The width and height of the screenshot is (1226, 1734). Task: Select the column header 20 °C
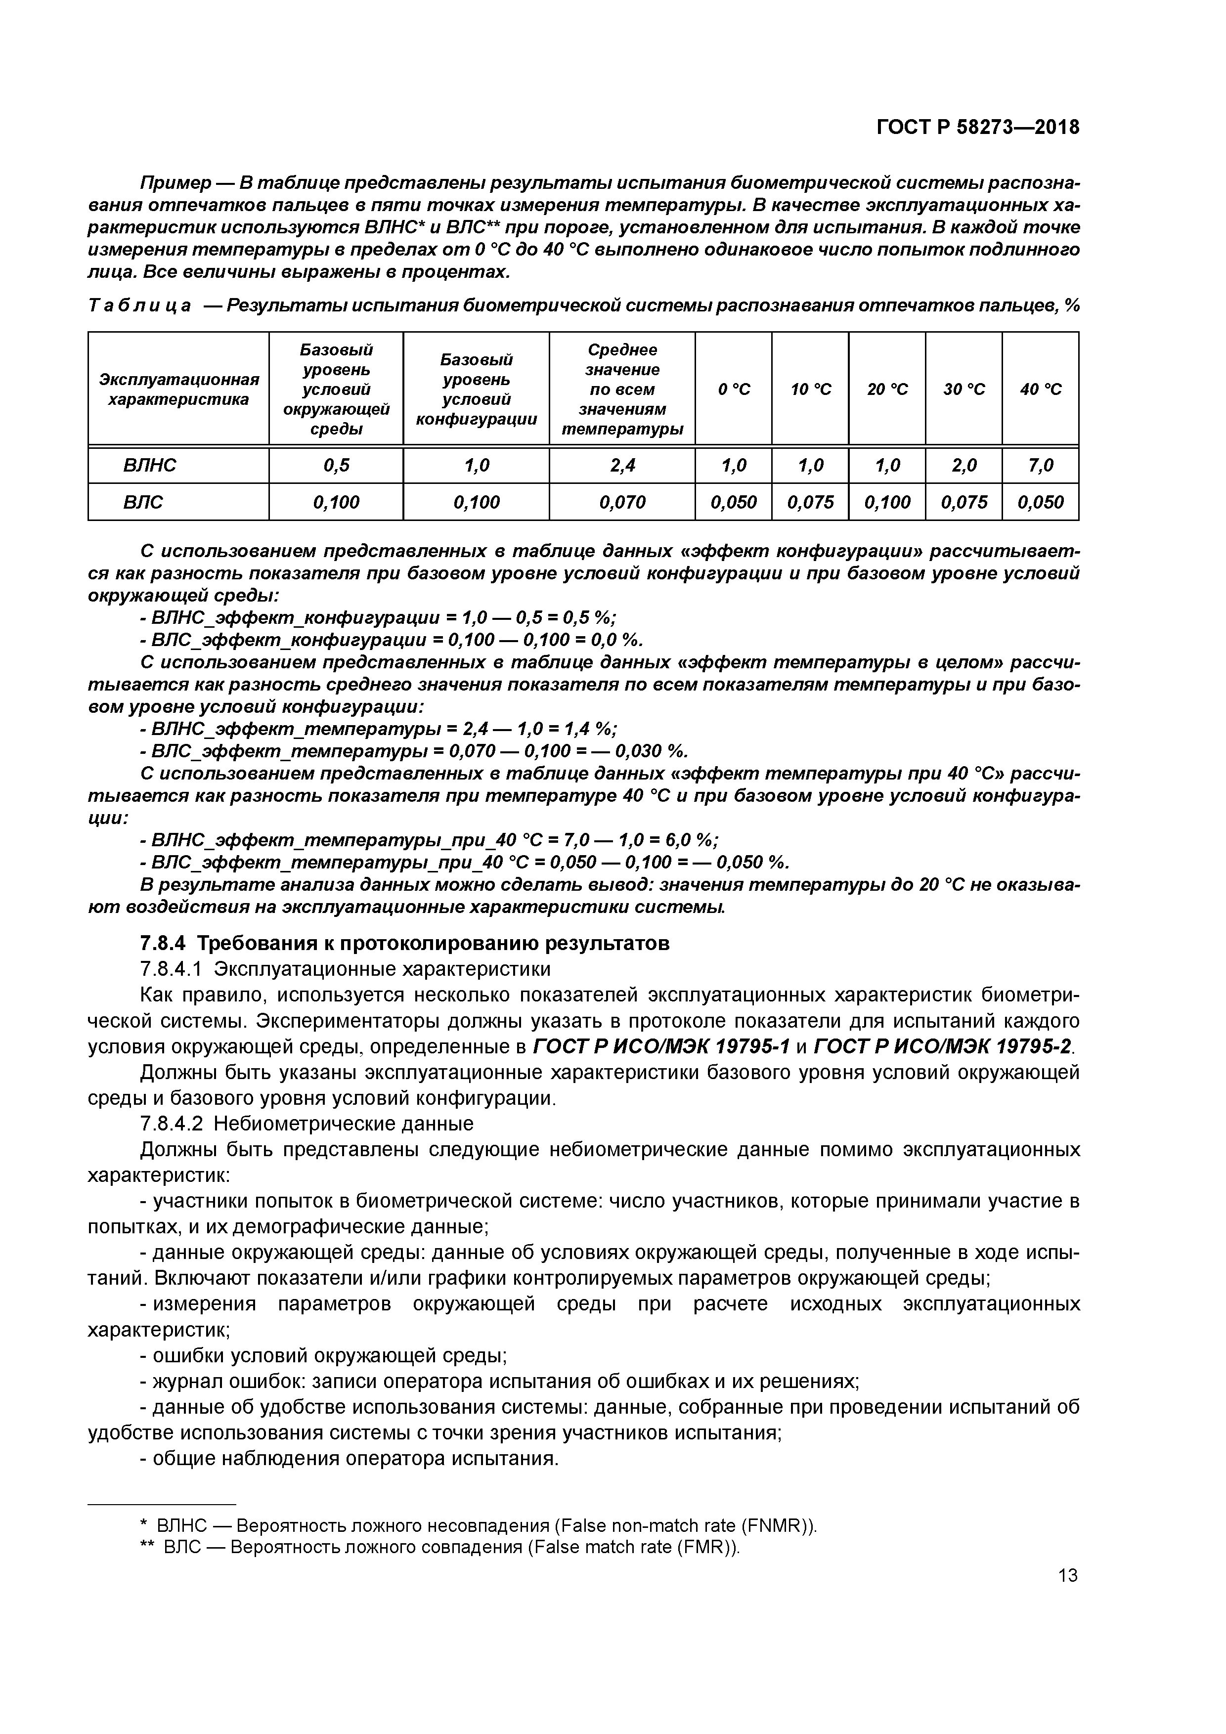[x=887, y=389]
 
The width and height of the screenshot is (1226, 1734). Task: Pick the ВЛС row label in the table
[x=143, y=502]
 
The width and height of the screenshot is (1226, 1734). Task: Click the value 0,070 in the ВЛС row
[x=622, y=502]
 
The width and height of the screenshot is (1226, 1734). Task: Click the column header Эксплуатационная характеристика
[x=179, y=389]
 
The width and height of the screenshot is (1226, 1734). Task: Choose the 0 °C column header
[x=734, y=389]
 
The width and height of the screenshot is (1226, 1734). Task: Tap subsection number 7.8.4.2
[x=172, y=1124]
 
